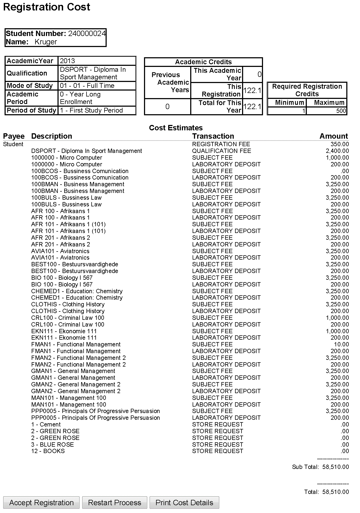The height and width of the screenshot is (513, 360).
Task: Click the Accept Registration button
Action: tap(41, 503)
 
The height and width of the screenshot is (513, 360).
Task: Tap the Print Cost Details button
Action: tap(184, 503)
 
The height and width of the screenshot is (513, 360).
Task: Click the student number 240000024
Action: tap(87, 34)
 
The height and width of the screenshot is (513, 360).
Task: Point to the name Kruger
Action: tap(46, 42)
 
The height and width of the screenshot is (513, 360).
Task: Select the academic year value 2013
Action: tap(67, 61)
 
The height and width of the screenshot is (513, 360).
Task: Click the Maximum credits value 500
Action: tap(341, 111)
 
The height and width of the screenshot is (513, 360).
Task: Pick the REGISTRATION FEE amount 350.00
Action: tap(340, 144)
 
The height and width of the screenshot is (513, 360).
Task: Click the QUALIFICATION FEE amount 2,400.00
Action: tap(337, 151)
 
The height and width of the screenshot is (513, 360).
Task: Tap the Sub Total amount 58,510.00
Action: tap(336, 467)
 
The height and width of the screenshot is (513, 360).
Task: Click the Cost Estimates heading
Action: tap(176, 128)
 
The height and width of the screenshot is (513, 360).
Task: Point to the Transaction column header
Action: tap(213, 136)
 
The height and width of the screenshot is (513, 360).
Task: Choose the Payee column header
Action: tap(14, 136)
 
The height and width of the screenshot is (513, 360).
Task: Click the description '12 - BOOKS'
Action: tap(48, 451)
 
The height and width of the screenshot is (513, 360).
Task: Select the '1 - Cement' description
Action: tap(46, 425)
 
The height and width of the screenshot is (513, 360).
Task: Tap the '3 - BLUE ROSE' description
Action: tap(52, 444)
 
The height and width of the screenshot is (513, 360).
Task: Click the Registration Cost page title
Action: tap(47, 7)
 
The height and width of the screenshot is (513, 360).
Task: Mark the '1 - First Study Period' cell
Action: tap(91, 110)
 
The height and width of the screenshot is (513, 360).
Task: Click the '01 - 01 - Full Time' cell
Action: tap(87, 86)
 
